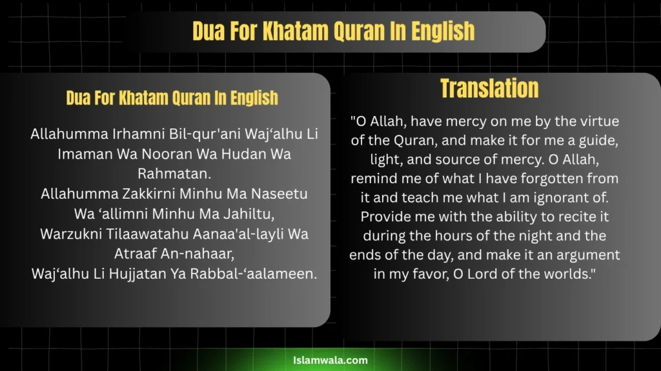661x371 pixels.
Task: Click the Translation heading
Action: coord(489,88)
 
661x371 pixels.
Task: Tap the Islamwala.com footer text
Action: coord(330,360)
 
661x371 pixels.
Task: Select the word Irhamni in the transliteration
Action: coord(139,134)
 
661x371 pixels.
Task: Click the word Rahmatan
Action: coord(174,174)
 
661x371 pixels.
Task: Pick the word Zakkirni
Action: coord(149,194)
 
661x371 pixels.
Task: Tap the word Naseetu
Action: coord(279,194)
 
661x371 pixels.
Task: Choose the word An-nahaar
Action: coord(202,254)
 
